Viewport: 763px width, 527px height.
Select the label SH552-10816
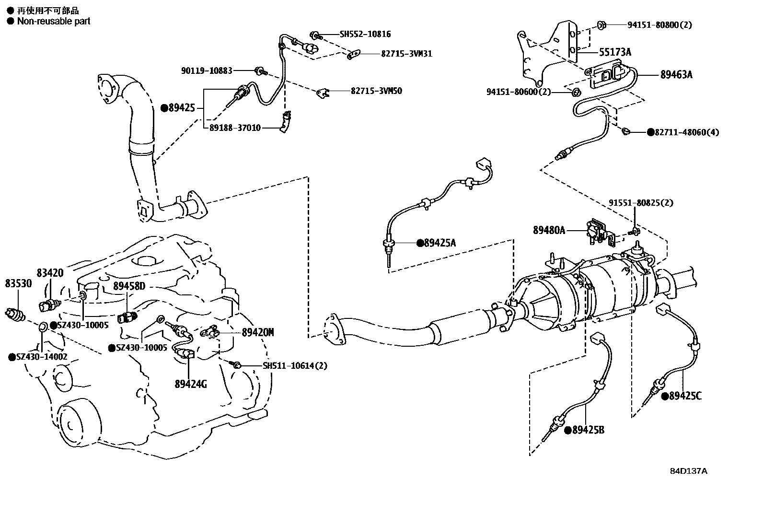[x=365, y=34]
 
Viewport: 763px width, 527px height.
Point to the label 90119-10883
[x=207, y=70]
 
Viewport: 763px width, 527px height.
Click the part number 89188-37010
[x=235, y=128]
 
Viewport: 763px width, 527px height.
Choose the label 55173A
[x=615, y=52]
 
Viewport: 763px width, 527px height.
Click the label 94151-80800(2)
[x=659, y=24]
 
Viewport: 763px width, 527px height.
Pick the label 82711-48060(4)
[x=687, y=132]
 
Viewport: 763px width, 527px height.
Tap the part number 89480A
[x=549, y=231]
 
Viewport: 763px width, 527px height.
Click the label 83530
[x=18, y=283]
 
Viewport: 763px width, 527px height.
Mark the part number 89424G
[x=191, y=384]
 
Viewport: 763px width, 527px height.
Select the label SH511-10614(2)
[x=295, y=365]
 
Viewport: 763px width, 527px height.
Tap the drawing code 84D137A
[x=688, y=470]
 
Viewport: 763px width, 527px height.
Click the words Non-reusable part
[x=53, y=21]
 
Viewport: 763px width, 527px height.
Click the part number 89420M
[x=257, y=332]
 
